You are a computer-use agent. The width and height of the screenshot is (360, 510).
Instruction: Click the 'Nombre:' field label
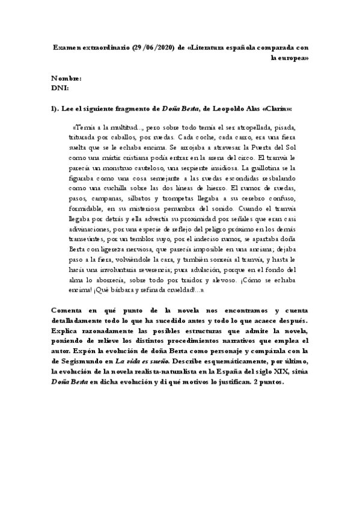pyautogui.click(x=66, y=78)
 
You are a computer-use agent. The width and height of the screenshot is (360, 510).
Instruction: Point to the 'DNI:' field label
pyautogui.click(x=60, y=88)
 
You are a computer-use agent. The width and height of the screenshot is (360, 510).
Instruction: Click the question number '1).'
pyautogui.click(x=58, y=108)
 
